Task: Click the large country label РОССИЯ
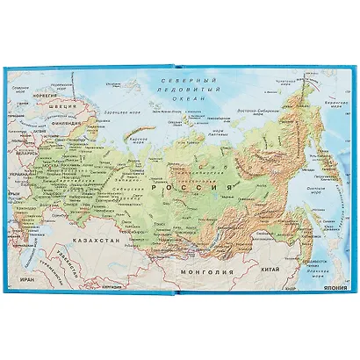point(191,187)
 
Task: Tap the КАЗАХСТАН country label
point(95,238)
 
